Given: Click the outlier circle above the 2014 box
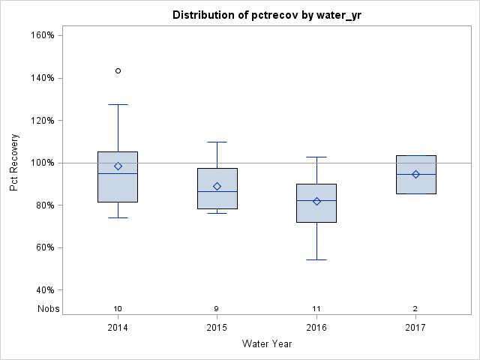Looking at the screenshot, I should (118, 70).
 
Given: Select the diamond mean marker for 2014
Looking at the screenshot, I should (118, 166).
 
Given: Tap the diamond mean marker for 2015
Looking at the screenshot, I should (217, 186).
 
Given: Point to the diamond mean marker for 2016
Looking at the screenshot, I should (316, 201).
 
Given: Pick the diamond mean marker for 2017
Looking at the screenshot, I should (415, 174).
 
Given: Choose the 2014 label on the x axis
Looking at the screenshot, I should (118, 327).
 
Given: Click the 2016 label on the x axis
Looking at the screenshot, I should (316, 327).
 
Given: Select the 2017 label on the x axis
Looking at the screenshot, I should (415, 327).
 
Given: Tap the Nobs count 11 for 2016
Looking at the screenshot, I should (316, 308).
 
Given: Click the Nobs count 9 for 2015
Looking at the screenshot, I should (217, 308).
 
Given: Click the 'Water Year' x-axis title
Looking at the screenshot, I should (266, 343).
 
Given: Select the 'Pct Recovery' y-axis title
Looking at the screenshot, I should (14, 163).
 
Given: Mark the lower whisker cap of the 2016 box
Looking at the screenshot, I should (316, 259).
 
